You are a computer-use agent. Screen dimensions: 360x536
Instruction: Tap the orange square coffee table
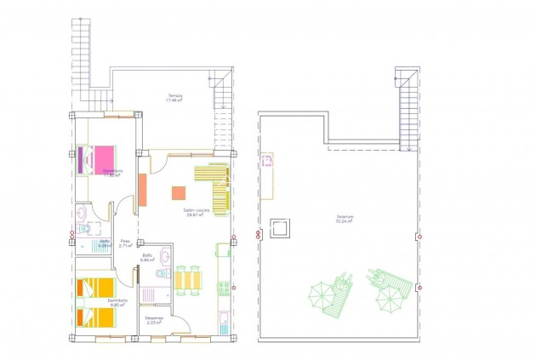180,193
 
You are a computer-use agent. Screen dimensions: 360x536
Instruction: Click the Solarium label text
345,218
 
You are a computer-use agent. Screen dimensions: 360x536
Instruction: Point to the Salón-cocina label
197,213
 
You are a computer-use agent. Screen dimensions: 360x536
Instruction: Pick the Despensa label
154,320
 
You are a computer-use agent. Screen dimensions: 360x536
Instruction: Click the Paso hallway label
125,242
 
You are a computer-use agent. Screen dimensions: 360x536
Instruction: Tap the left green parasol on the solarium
321,296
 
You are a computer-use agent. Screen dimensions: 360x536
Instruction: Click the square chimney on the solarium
281,228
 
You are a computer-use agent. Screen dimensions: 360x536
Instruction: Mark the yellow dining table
189,279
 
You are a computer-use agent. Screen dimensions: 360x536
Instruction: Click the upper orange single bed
94,288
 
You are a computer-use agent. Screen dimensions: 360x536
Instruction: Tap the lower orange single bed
94,317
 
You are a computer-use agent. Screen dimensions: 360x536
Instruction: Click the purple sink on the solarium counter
267,159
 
